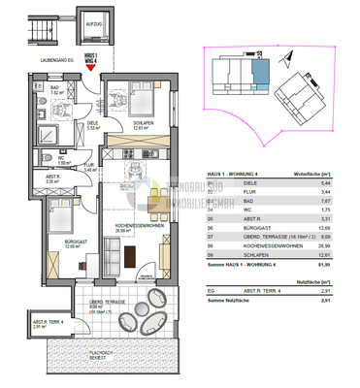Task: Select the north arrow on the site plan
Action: tap(209, 55)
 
